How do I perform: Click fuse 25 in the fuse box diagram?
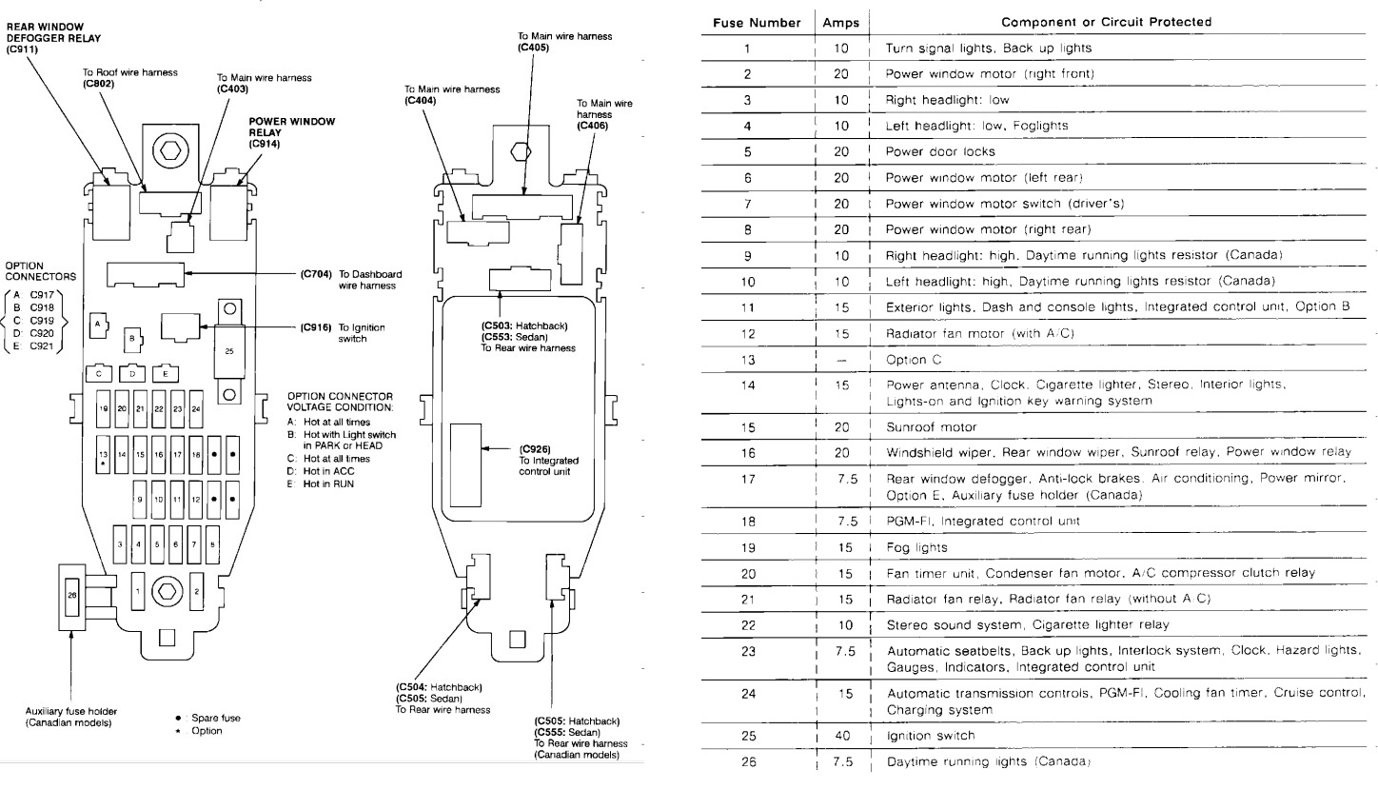click(x=228, y=351)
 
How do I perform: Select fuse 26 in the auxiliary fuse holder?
click(x=72, y=595)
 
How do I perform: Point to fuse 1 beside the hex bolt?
click(x=139, y=591)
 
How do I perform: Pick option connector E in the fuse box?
click(x=166, y=374)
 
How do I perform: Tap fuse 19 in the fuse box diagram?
click(x=102, y=408)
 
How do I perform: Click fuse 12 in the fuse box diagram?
click(x=195, y=499)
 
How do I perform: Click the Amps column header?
click(x=840, y=22)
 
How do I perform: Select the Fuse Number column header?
click(x=757, y=22)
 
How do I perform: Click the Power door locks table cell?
click(x=939, y=151)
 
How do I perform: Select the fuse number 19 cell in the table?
click(x=747, y=547)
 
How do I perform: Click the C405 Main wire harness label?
click(x=564, y=41)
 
